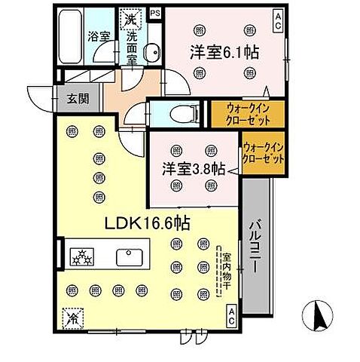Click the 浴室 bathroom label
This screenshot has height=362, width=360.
(x=98, y=35)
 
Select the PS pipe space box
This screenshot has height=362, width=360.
(x=155, y=13)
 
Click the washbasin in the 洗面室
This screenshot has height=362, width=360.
(x=151, y=52)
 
